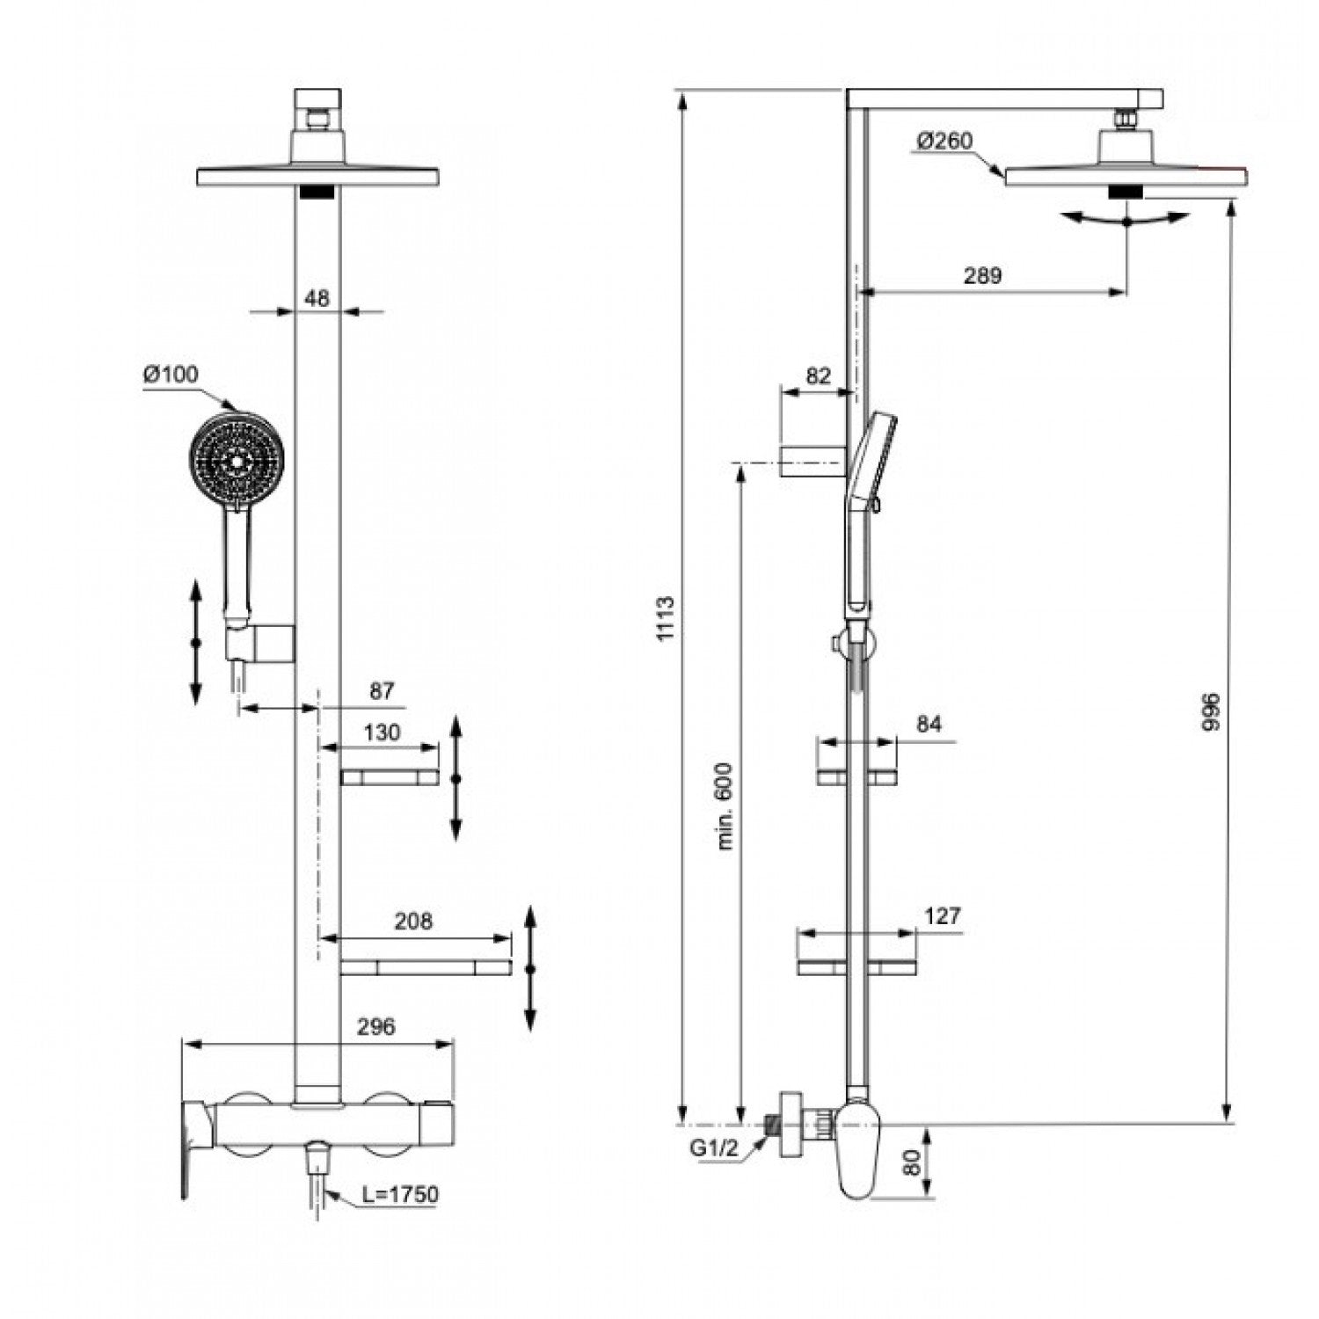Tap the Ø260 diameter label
tap(944, 141)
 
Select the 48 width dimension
tap(317, 298)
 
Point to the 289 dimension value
tap(982, 275)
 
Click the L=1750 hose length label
tap(399, 1193)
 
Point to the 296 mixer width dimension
tap(377, 1025)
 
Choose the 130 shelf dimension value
tap(381, 732)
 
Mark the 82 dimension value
tap(818, 375)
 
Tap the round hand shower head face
tap(237, 460)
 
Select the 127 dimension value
tap(943, 915)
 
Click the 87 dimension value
tap(381, 691)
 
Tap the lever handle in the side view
tap(856, 1151)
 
